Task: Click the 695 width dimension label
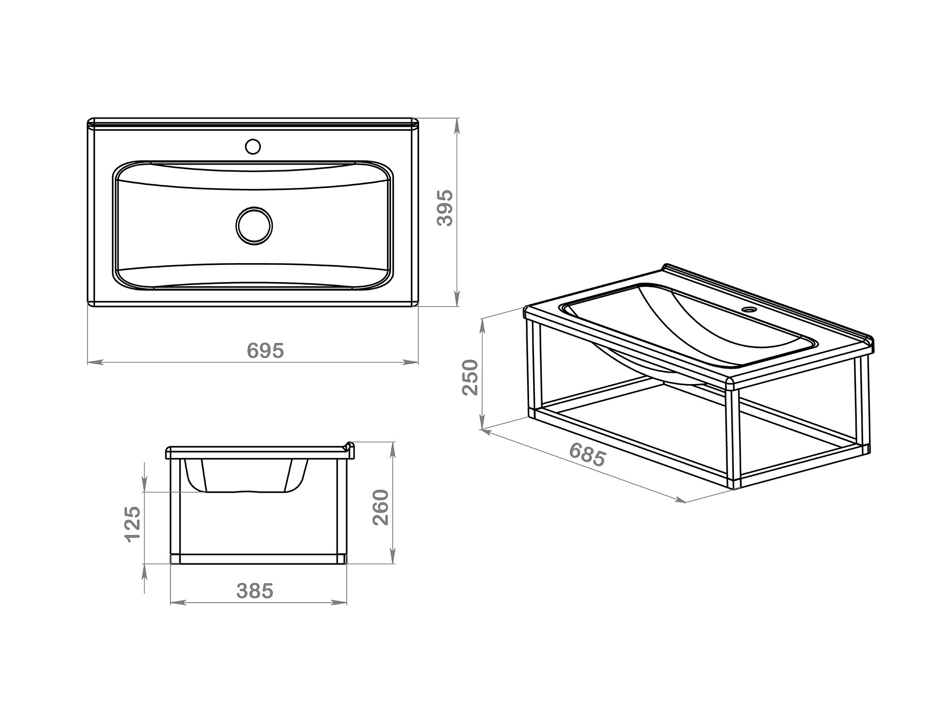(x=266, y=351)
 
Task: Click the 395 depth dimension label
(x=444, y=208)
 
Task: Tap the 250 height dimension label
(x=471, y=377)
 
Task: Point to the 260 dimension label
(x=381, y=507)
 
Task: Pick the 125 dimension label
(x=133, y=524)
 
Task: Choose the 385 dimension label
(x=255, y=591)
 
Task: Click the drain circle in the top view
(x=254, y=226)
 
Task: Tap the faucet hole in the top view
(x=253, y=146)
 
